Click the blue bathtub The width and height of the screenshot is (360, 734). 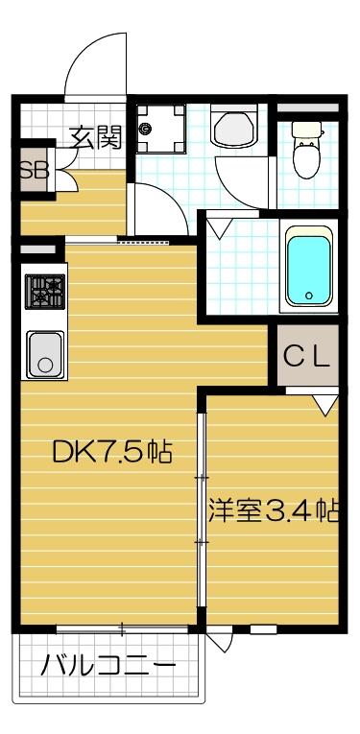(309, 266)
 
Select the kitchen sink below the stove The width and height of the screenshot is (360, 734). (44, 354)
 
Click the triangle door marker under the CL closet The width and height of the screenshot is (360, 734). (325, 405)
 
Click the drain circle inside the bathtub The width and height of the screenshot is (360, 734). (309, 296)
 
